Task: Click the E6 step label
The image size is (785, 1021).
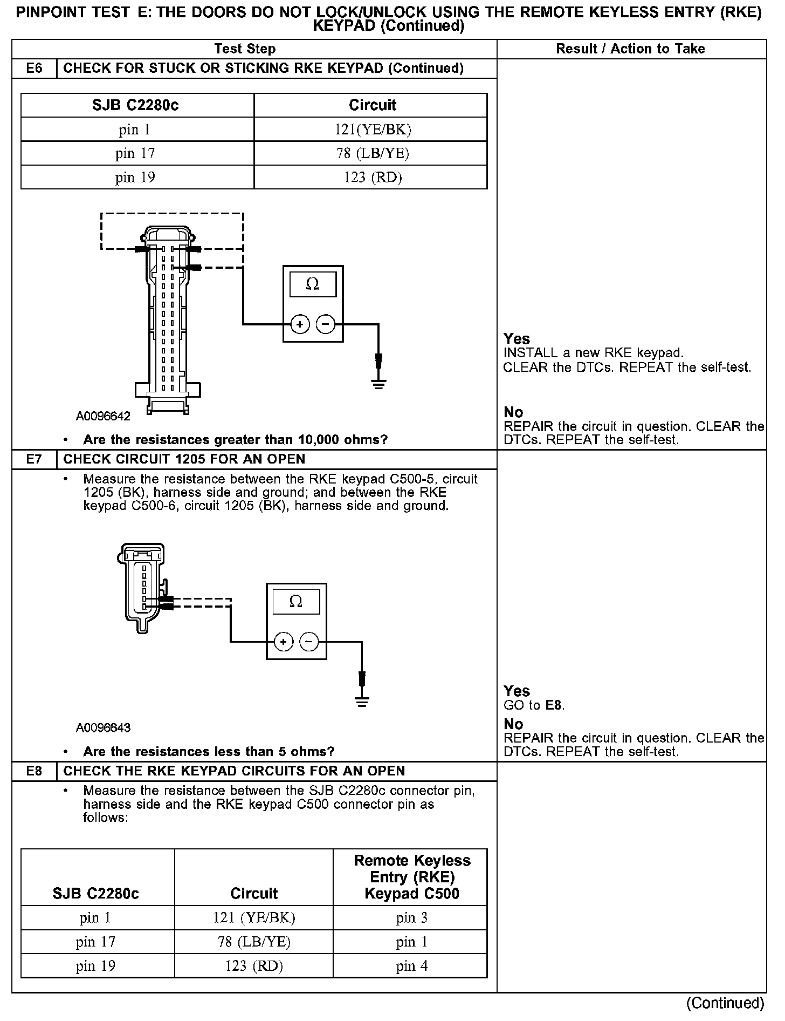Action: [34, 69]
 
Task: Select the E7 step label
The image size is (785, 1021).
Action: [34, 459]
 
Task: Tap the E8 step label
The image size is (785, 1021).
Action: [34, 771]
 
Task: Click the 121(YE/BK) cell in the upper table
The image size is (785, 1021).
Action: [372, 130]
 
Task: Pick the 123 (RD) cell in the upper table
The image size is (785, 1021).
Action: [372, 177]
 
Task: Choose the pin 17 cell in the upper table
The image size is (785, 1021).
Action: [135, 153]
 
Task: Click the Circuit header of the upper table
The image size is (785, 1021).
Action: [372, 105]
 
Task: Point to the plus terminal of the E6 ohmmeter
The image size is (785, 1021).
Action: [300, 324]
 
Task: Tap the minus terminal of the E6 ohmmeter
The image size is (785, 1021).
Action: [325, 324]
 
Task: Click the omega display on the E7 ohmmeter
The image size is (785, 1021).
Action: [296, 602]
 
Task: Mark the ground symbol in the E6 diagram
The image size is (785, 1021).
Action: [378, 384]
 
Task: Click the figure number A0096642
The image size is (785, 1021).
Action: [103, 416]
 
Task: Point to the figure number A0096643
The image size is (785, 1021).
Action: [103, 728]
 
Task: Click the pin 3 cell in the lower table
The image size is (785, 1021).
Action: [411, 918]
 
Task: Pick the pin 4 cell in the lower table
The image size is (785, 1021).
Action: [411, 965]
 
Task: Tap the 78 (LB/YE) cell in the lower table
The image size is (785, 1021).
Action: [254, 942]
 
